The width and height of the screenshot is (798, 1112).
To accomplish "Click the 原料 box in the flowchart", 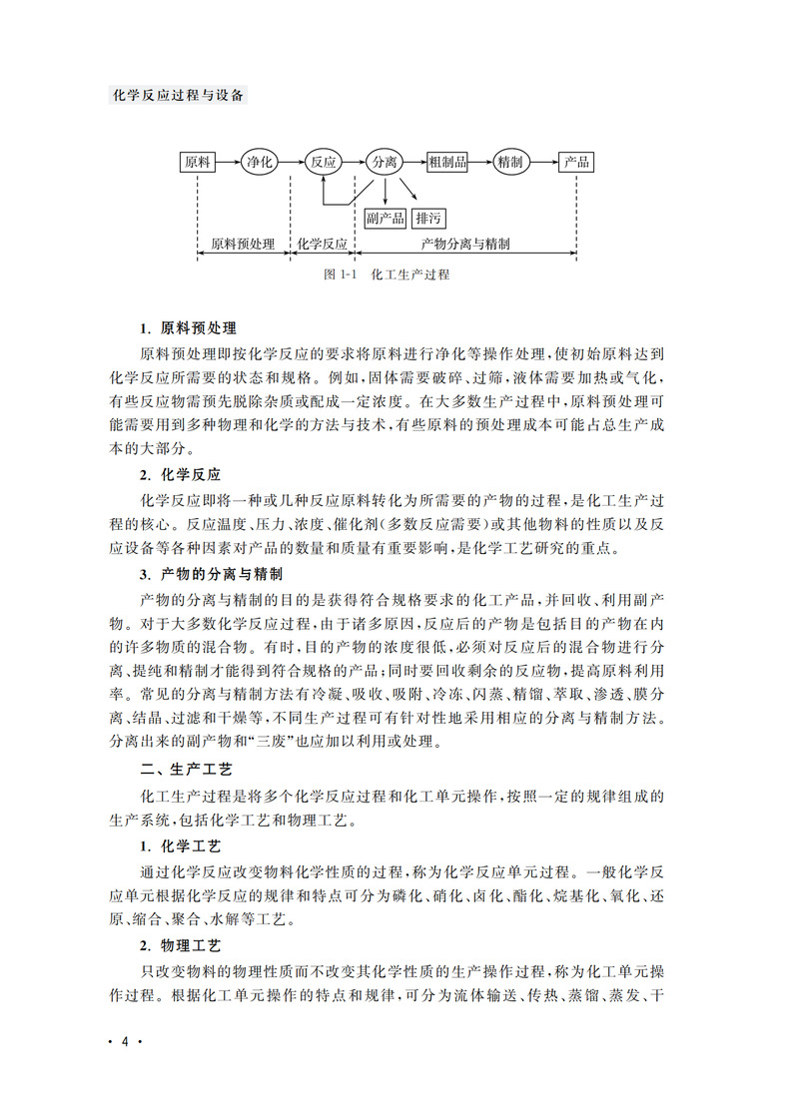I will pos(198,162).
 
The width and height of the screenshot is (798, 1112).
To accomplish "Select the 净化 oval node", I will pos(259,162).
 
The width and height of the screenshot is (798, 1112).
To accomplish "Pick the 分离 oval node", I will pos(385,162).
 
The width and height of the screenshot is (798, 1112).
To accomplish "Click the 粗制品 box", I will pos(447,162).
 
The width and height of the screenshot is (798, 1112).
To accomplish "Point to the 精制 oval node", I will pos(510,162).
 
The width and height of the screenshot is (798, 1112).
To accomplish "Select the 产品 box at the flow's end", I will pos(576,162).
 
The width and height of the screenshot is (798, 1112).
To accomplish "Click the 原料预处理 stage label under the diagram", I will pos(244,244).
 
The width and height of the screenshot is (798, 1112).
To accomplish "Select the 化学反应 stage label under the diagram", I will pos(322,244).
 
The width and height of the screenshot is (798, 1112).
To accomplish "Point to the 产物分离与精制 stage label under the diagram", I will pos(466,244).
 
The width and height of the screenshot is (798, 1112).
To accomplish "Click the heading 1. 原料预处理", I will pos(188,328).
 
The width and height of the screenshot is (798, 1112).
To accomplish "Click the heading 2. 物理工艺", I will pos(181,944).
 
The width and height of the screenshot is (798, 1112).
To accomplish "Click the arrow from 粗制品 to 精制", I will pos(481,162).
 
